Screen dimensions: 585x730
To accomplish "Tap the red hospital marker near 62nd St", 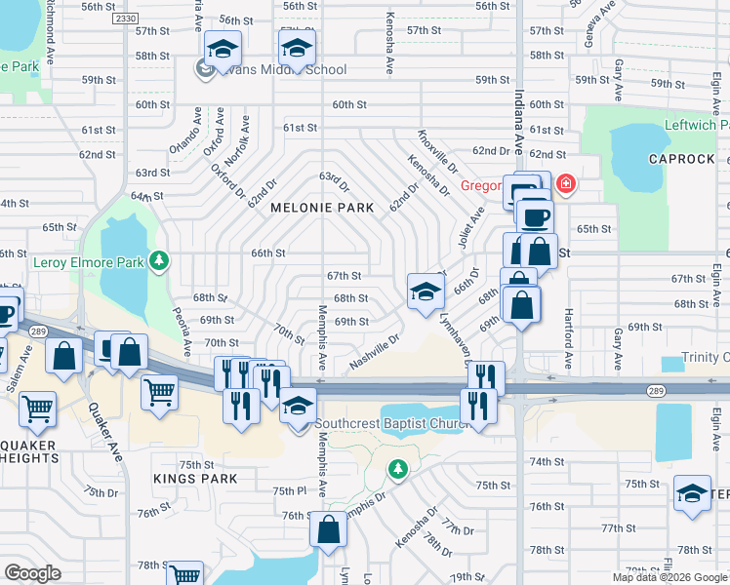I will [564, 183].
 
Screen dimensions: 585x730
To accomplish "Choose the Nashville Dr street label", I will [375, 353].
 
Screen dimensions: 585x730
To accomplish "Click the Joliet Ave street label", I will [469, 227].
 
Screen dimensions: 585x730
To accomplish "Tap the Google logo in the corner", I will [32, 573].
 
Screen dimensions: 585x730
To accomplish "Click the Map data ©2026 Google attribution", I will [669, 577].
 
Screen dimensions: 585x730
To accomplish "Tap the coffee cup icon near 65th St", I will [534, 216].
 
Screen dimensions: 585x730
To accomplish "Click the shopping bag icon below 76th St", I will [329, 530].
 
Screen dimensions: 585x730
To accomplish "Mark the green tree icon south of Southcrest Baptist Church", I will [397, 470].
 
